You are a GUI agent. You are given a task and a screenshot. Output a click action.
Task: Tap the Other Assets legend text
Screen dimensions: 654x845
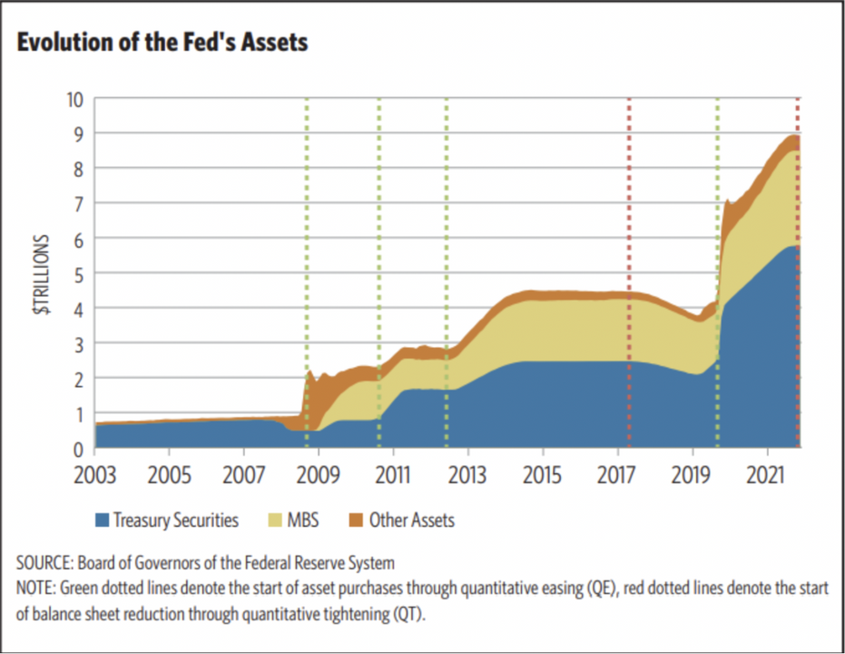(x=411, y=520)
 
